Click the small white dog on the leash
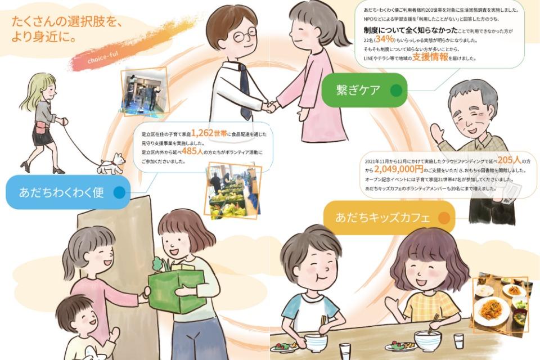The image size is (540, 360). pos(111,164)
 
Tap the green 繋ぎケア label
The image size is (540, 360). pos(364,90)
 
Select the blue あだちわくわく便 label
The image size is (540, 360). pos(68,192)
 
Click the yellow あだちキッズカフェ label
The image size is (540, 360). pos(389,218)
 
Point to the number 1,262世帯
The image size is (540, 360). pos(209,133)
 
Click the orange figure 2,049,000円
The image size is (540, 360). pos(398,169)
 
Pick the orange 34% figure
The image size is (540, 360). pos(385,39)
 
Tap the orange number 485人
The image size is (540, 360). pos(192,151)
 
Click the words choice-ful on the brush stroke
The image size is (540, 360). pos(102,58)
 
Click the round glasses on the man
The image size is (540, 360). pos(245,35)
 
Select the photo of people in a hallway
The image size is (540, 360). pos(145,91)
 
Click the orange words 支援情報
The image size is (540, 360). pos(430,57)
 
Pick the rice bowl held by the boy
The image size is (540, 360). pos(316,343)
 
